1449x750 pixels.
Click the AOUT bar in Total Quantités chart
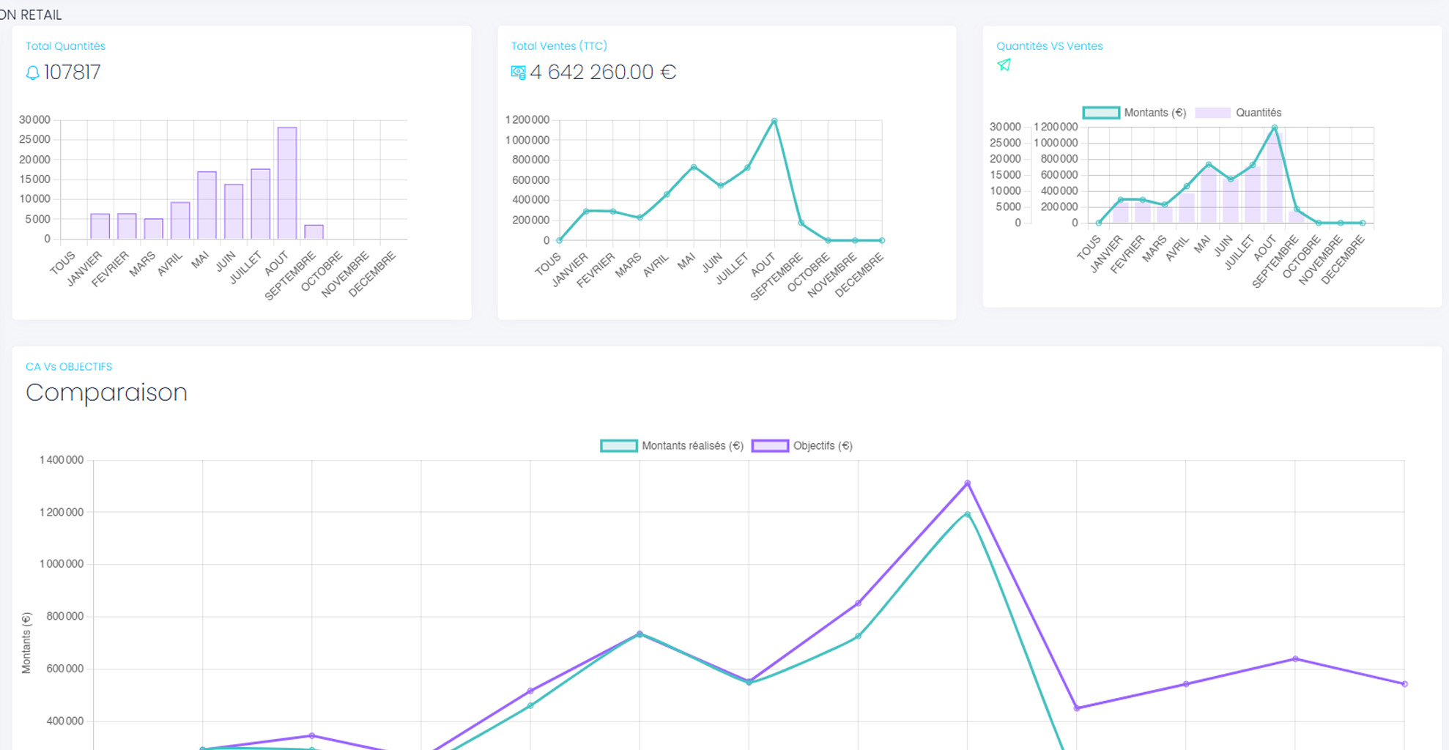(x=287, y=183)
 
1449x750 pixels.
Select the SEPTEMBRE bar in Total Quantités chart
(x=314, y=231)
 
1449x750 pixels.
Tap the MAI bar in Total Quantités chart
(x=207, y=205)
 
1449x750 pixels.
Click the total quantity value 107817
(x=72, y=73)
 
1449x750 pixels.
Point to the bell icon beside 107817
(x=32, y=73)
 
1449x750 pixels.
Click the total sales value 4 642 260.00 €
(x=602, y=73)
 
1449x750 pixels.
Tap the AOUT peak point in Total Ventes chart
(x=774, y=122)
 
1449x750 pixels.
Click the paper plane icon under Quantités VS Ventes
(x=1004, y=65)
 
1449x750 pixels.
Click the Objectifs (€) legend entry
(x=802, y=446)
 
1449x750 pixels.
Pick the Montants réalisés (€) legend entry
(x=672, y=446)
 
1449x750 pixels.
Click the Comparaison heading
(x=106, y=393)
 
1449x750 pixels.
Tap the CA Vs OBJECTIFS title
(x=69, y=367)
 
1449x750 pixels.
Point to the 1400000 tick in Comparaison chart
(x=62, y=460)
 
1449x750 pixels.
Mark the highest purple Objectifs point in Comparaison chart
(x=968, y=483)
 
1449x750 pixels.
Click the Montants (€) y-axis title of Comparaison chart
(x=26, y=643)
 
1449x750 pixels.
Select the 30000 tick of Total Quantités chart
(x=34, y=119)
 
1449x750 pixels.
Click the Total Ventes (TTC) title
(x=559, y=46)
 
